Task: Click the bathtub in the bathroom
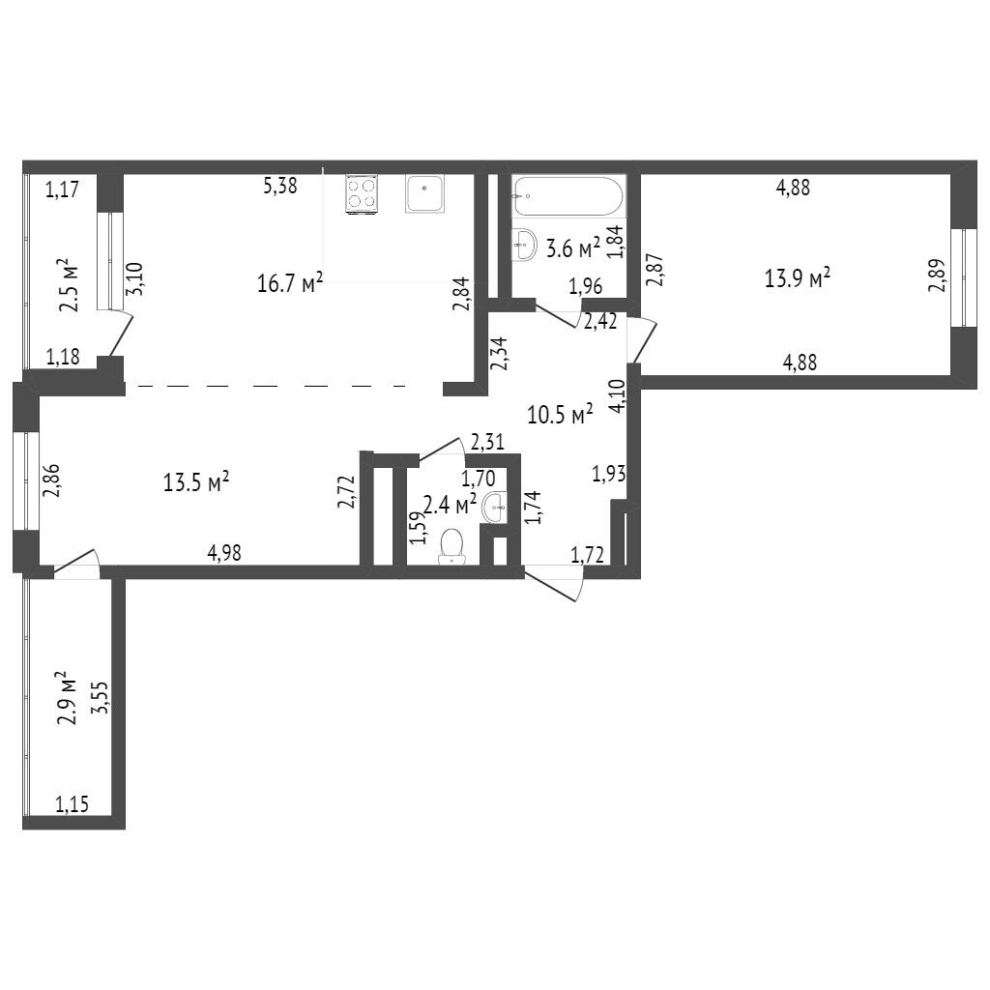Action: click(x=568, y=195)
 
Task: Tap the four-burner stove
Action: click(x=362, y=193)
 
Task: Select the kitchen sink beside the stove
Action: click(x=424, y=193)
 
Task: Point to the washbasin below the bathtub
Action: click(x=525, y=244)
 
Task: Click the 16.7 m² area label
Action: click(x=290, y=282)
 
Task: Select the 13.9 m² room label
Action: click(x=798, y=277)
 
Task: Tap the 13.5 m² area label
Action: click(x=196, y=482)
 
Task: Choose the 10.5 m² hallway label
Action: click(x=560, y=415)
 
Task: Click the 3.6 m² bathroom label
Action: click(x=572, y=248)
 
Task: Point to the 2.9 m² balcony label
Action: click(x=67, y=698)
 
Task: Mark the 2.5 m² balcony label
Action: click(x=70, y=285)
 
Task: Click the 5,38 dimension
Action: click(x=279, y=186)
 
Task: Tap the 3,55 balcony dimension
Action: click(x=100, y=697)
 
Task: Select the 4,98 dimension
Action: click(x=224, y=554)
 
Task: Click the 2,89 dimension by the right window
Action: click(x=937, y=276)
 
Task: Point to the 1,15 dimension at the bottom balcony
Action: click(x=72, y=804)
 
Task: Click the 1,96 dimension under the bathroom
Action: click(x=586, y=286)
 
